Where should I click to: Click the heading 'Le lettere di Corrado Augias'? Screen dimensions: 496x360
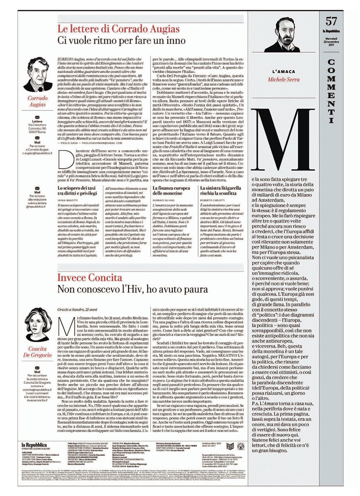tap(118, 28)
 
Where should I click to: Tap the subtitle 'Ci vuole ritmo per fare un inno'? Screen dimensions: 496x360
tap(121, 40)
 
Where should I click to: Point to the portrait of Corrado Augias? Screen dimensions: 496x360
tap(37, 74)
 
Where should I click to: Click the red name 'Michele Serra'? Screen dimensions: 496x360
tap(283, 80)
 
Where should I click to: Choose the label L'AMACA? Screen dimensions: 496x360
tap(283, 72)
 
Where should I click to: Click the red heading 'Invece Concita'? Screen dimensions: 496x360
tap(90, 278)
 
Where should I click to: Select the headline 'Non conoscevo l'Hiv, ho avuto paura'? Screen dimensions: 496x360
tap(132, 289)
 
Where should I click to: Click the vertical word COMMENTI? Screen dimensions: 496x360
tap(331, 91)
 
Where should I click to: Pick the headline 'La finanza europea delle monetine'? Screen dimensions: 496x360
tap(171, 190)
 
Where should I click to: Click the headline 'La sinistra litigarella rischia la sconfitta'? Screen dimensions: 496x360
tap(220, 190)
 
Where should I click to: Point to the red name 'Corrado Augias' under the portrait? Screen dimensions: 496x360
tap(37, 101)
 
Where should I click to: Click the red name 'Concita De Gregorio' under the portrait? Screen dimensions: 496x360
tap(37, 352)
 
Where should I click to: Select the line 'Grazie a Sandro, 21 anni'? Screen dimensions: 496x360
tap(77, 310)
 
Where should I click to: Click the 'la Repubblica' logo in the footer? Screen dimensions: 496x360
tap(34, 445)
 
